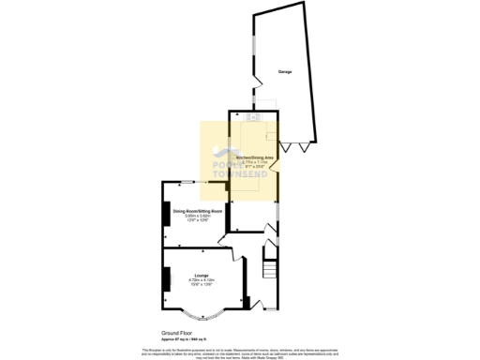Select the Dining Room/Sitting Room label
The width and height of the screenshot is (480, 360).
pos(197,212)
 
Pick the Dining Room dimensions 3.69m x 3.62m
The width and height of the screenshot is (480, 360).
pos(197,217)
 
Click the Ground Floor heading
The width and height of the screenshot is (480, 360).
pos(175,331)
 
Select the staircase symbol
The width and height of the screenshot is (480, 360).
pos(270,271)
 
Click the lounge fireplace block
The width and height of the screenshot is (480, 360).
pos(167,278)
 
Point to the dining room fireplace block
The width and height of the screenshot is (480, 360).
pos(167,213)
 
